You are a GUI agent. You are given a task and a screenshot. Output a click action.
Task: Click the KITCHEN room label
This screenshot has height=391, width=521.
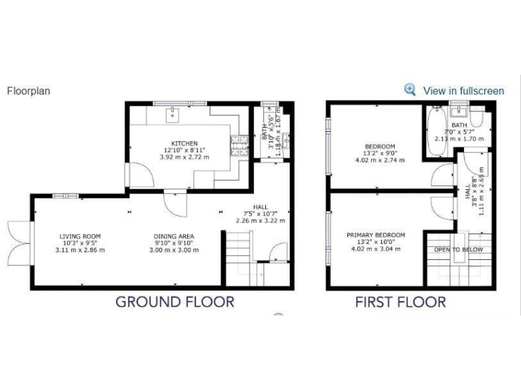click(185, 143)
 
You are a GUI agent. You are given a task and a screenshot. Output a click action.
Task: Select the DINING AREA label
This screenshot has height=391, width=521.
click(174, 236)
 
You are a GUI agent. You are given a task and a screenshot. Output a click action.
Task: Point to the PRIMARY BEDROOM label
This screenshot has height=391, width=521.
click(376, 235)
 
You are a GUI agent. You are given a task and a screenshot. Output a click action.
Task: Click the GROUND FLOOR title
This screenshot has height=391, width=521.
click(174, 302)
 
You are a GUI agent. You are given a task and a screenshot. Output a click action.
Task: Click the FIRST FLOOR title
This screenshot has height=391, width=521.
click(400, 302)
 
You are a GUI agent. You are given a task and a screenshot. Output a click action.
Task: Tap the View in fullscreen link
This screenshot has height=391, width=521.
click(463, 90)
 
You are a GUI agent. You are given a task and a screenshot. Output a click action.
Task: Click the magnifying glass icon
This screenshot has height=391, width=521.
click(410, 90)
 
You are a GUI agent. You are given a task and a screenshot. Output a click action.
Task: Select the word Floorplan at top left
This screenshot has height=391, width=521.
click(28, 90)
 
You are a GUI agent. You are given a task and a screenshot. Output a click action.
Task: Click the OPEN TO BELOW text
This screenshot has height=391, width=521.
click(458, 249)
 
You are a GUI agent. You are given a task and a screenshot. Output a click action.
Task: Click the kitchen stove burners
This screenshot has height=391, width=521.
click(239, 145)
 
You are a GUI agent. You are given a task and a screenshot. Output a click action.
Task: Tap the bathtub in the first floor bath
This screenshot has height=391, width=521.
click(433, 129)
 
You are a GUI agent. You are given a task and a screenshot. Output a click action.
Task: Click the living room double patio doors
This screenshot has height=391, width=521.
click(19, 242)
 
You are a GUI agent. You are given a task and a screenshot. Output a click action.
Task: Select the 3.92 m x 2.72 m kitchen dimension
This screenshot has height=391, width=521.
click(185, 157)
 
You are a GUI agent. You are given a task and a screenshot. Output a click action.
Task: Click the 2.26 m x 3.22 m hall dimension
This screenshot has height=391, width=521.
click(260, 221)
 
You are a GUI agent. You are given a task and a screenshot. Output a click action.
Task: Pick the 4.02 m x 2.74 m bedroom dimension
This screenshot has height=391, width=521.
click(380, 160)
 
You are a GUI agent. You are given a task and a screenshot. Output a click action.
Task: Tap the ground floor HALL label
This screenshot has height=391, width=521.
click(260, 207)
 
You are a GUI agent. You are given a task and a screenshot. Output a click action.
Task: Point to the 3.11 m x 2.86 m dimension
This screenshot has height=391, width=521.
click(80, 250)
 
